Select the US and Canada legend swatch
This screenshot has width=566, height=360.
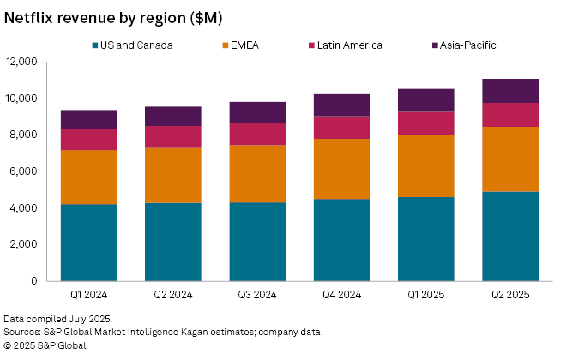(x=95, y=45)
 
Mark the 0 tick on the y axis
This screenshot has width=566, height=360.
(x=33, y=281)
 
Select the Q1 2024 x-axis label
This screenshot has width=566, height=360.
(x=89, y=297)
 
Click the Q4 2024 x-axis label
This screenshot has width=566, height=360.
(x=341, y=297)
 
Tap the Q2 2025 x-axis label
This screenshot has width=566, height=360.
(x=509, y=297)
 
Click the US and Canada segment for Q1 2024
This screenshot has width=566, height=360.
(x=89, y=243)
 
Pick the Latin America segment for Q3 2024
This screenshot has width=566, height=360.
(x=257, y=134)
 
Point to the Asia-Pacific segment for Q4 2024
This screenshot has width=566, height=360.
(x=341, y=105)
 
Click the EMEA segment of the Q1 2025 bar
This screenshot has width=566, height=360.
(x=425, y=165)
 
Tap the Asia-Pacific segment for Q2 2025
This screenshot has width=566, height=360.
(x=509, y=91)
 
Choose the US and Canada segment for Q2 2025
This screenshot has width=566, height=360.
(x=509, y=237)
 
